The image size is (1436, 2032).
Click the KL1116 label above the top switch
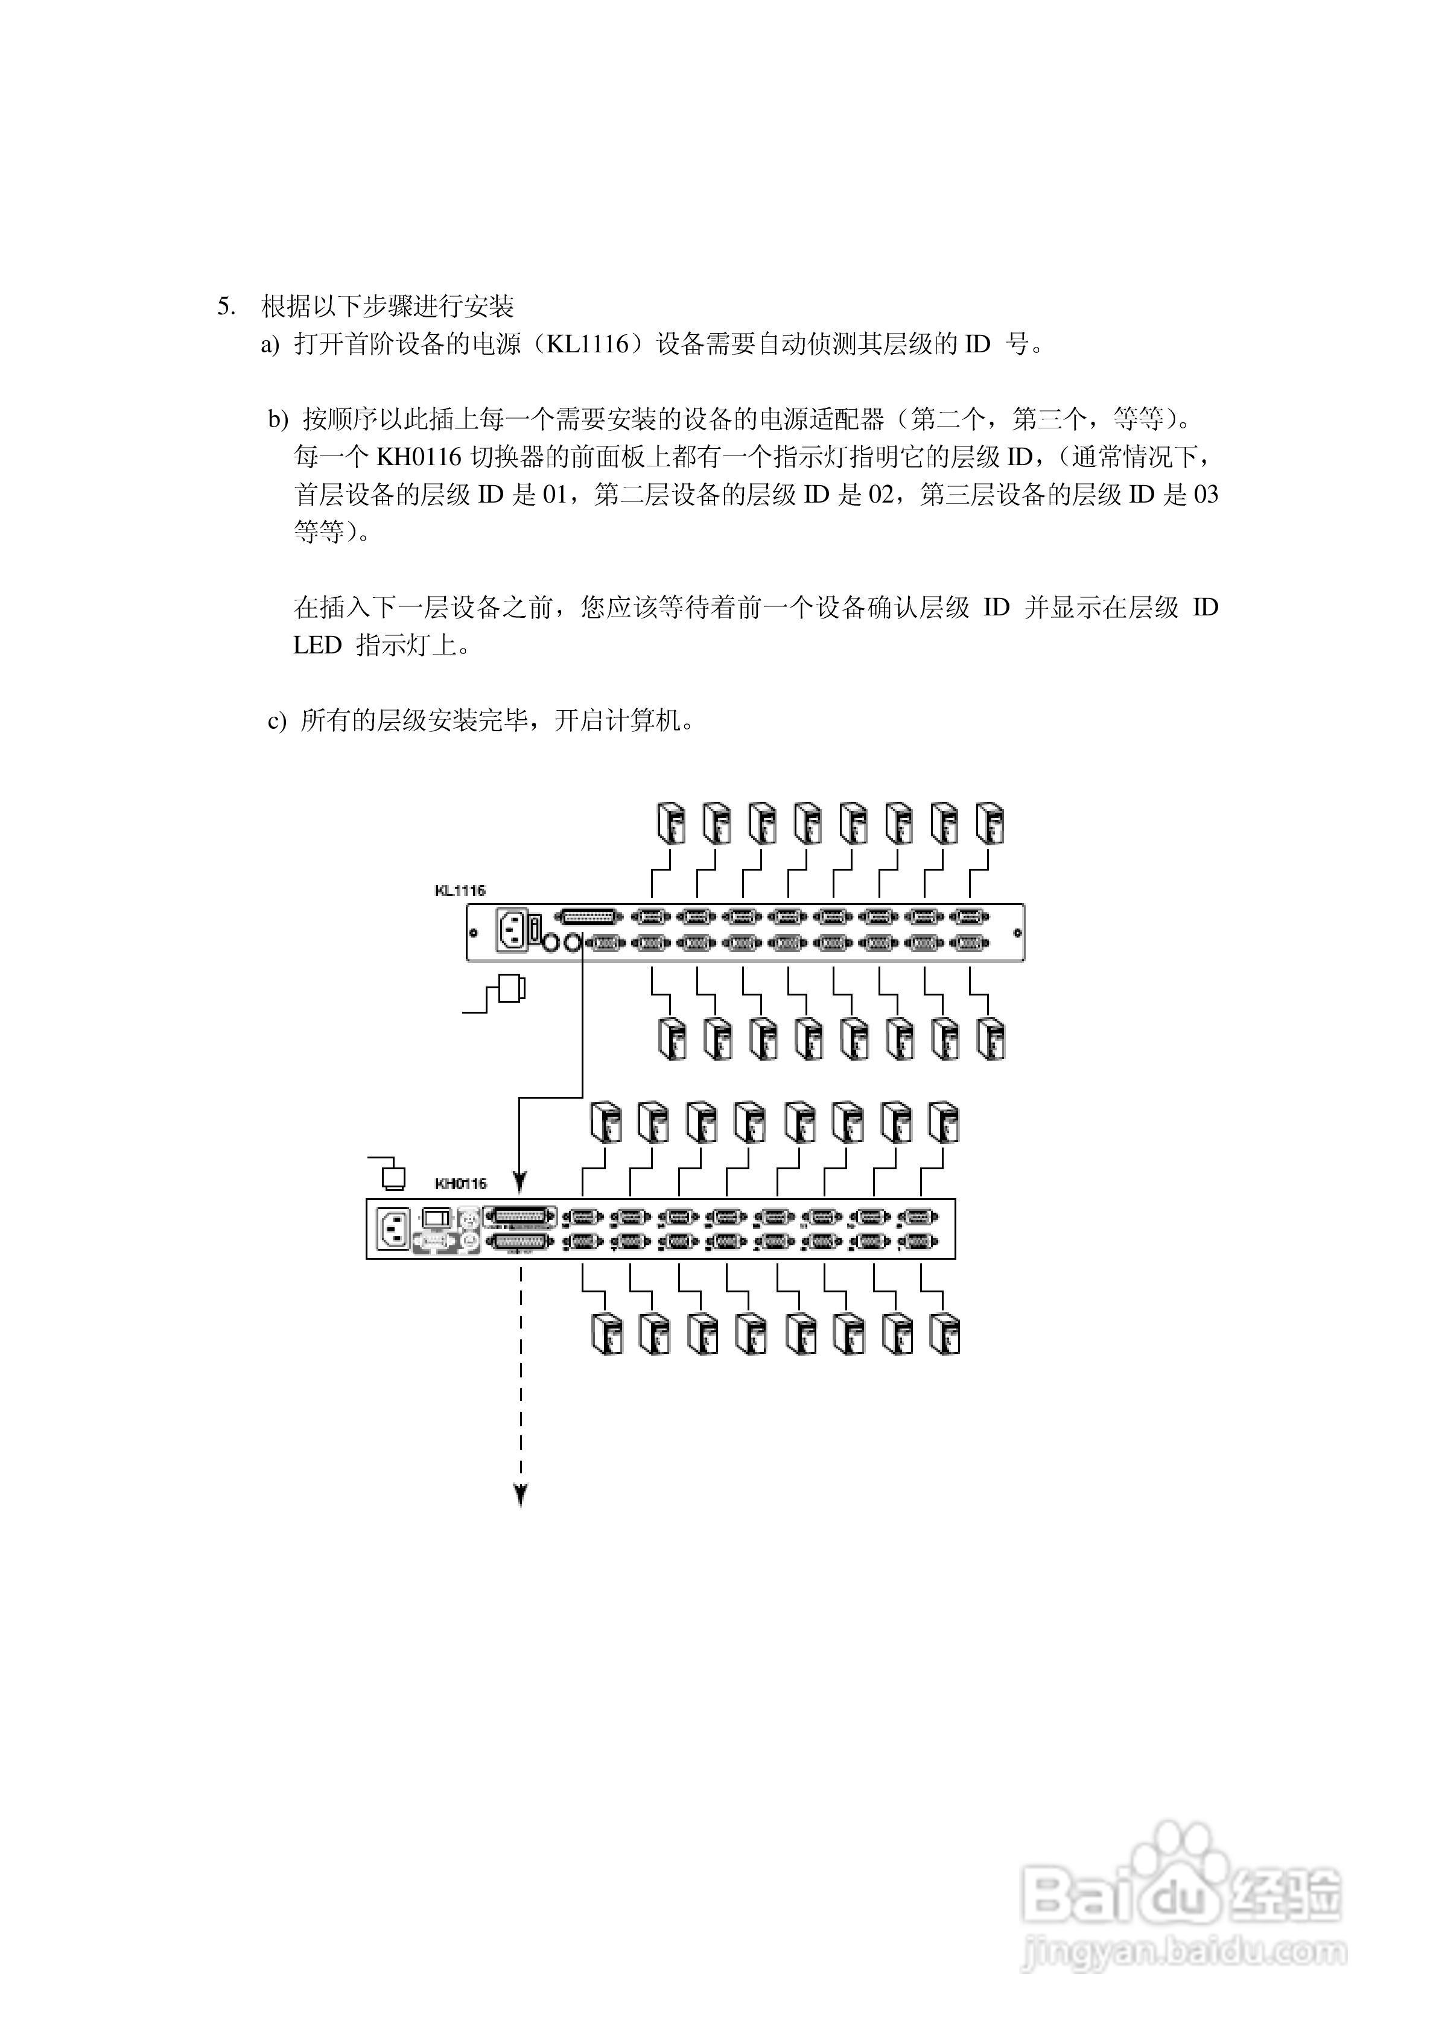[460, 891]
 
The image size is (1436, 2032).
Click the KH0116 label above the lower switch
[460, 1183]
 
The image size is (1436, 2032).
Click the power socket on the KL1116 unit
[511, 931]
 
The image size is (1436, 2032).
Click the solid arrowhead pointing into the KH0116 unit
[521, 1183]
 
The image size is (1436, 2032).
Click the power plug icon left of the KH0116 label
[392, 1177]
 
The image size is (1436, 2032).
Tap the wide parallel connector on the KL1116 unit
[588, 918]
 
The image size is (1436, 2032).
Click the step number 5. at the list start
[226, 307]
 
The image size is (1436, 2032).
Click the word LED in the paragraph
[317, 645]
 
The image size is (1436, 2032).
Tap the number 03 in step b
[1206, 495]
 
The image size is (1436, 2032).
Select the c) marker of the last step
[276, 722]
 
